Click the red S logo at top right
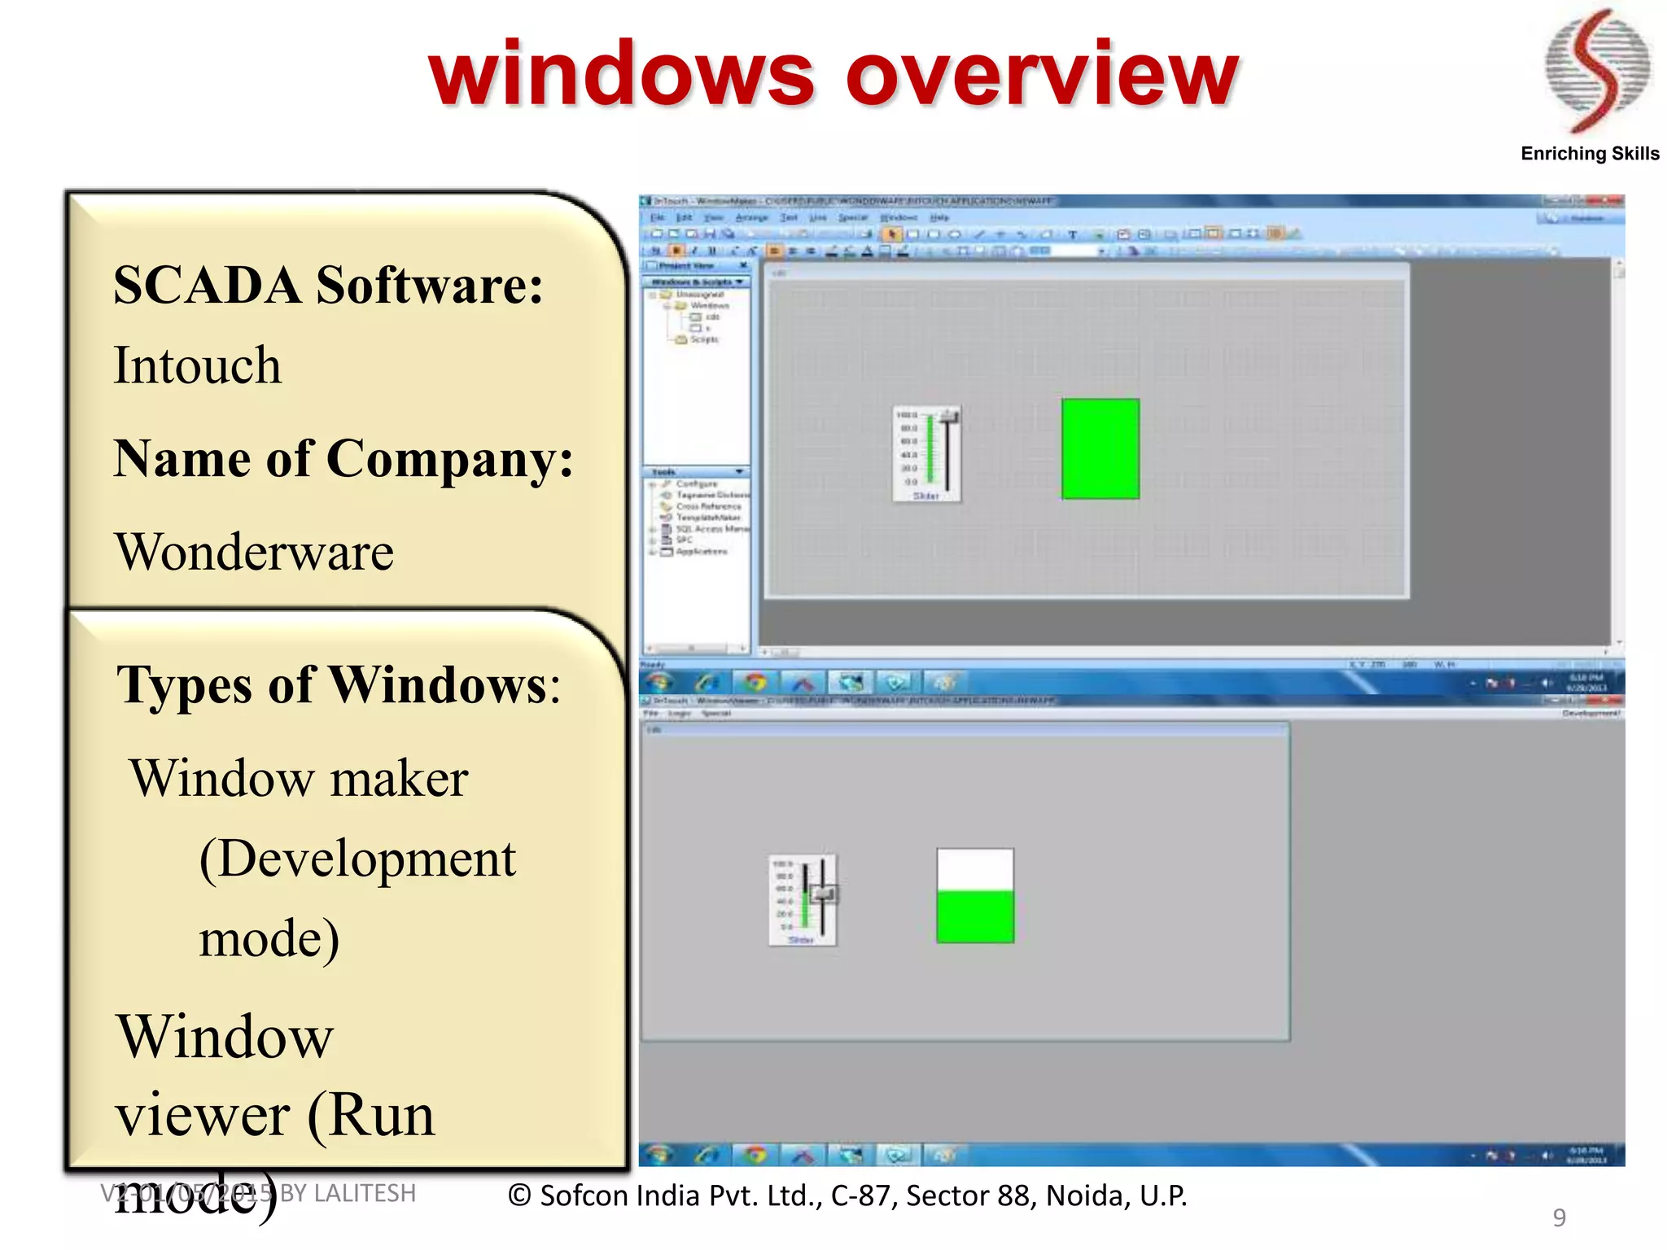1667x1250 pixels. click(1597, 72)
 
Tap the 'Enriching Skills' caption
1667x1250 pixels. click(1589, 154)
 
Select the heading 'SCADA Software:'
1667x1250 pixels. click(328, 286)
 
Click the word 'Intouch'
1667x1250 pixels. click(198, 365)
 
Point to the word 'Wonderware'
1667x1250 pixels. click(255, 553)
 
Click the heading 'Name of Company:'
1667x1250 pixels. click(343, 459)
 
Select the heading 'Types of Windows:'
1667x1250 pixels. click(339, 685)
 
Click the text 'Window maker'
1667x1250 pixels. click(299, 779)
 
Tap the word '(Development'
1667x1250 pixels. click(357, 859)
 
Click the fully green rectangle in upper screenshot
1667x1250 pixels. click(1100, 448)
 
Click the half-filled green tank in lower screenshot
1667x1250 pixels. click(975, 897)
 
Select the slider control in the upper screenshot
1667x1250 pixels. click(927, 453)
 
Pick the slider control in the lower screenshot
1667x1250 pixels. click(803, 900)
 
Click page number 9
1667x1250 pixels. click(1559, 1217)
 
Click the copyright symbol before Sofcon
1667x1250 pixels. click(520, 1195)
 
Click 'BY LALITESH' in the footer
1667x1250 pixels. click(348, 1193)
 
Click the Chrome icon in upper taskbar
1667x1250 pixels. click(755, 682)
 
